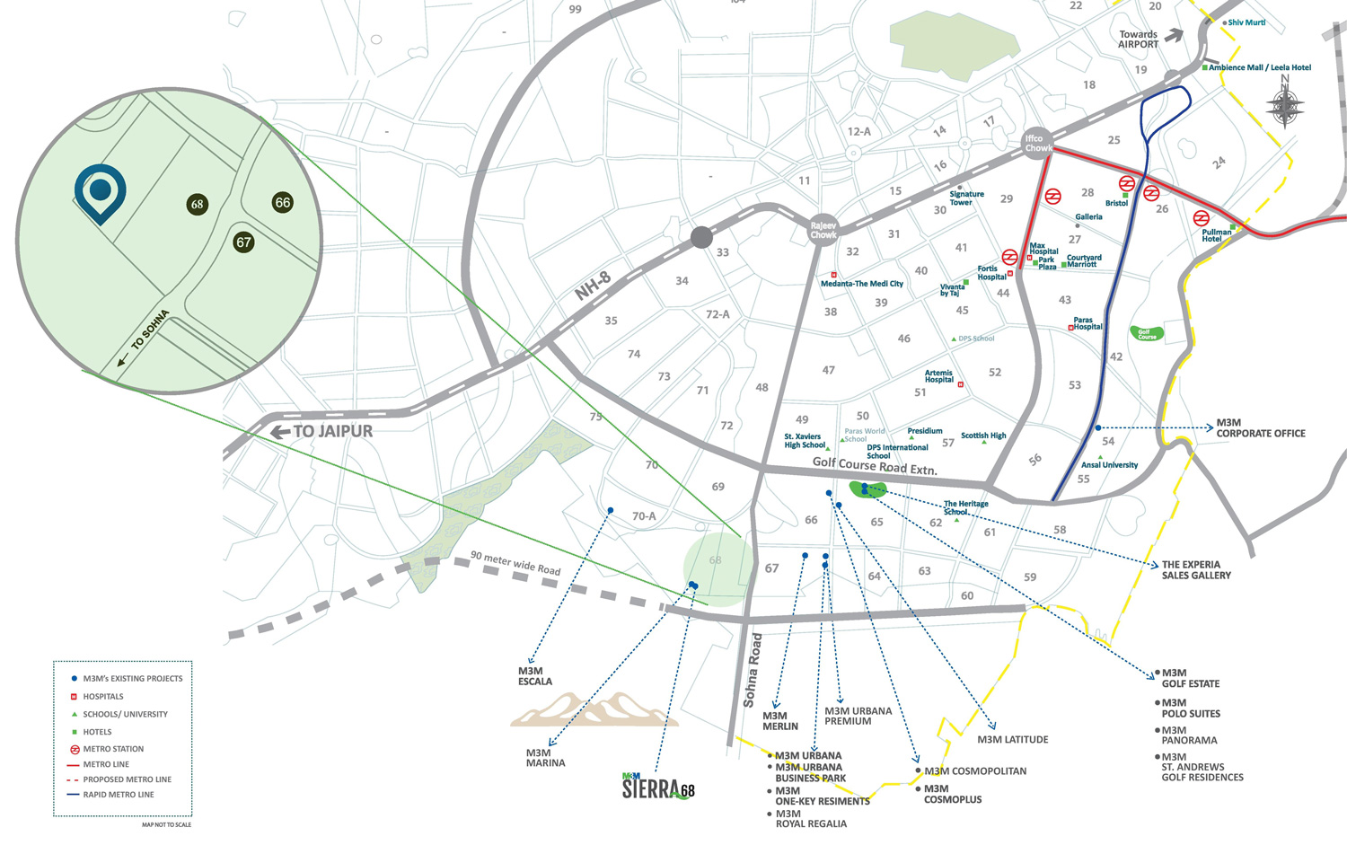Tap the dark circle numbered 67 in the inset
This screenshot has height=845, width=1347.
[243, 242]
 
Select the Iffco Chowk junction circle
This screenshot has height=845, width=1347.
[1036, 144]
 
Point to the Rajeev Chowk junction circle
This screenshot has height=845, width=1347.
[823, 231]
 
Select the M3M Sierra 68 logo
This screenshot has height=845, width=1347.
[658, 787]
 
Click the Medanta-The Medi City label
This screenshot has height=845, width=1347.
[862, 284]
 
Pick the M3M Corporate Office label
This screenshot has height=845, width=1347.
[1260, 428]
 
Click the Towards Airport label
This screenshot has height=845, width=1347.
[1139, 40]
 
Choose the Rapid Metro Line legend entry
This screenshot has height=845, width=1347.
[119, 795]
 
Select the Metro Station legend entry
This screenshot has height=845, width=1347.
[113, 749]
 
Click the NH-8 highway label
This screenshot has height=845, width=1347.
[593, 286]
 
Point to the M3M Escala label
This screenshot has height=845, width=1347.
[535, 676]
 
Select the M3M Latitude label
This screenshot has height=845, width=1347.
[1013, 740]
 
